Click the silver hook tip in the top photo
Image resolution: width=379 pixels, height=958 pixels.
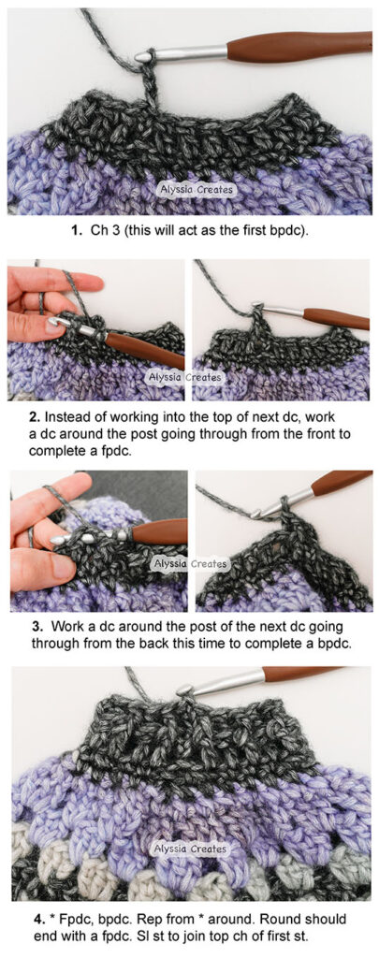click(x=143, y=57)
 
